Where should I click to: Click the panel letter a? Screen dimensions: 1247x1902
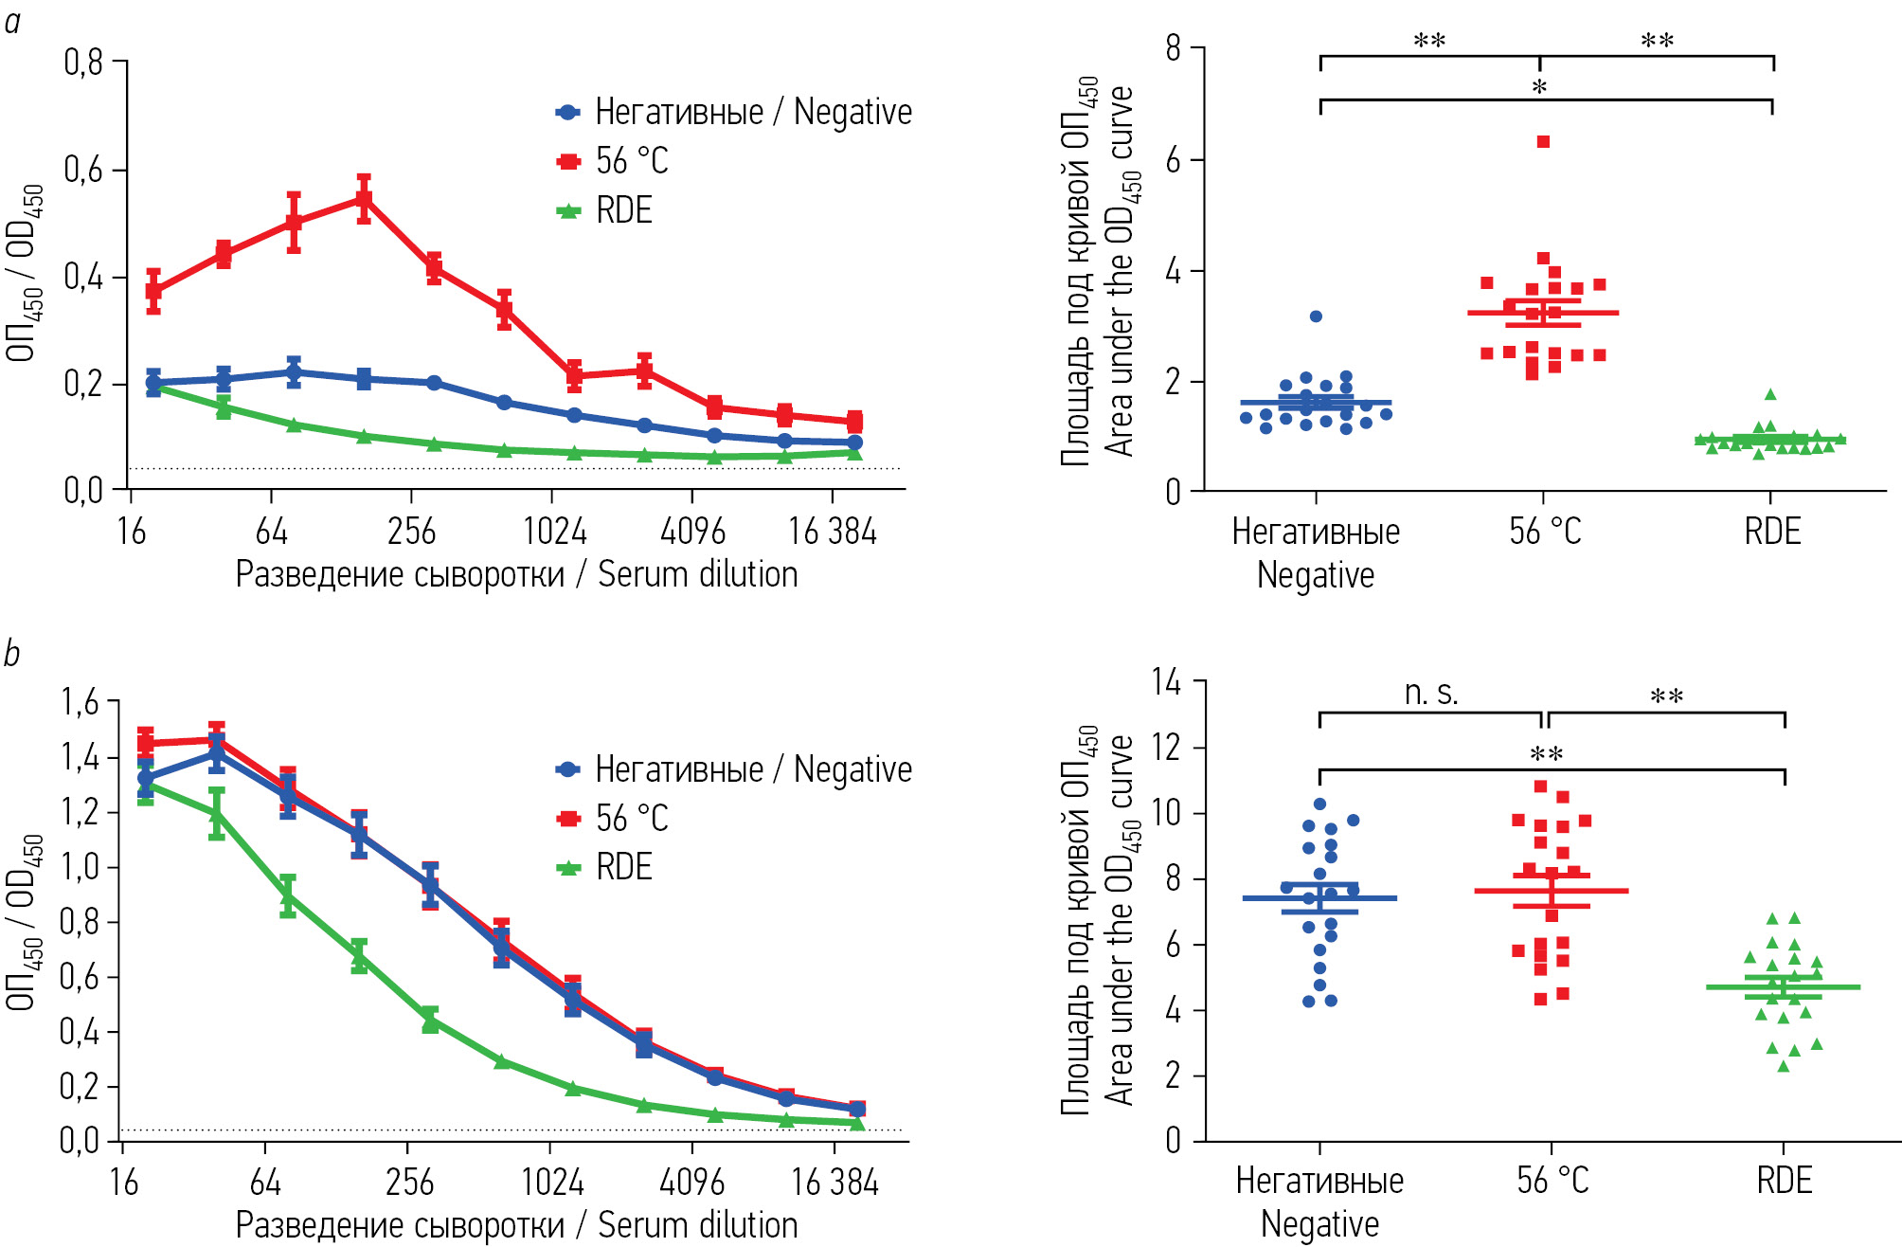click(x=12, y=21)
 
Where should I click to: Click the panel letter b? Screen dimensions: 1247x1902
click(x=11, y=654)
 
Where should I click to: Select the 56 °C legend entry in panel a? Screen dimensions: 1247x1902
click(x=615, y=161)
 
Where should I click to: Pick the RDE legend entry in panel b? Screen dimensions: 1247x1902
click(x=607, y=867)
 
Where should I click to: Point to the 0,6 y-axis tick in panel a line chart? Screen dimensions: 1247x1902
click(x=83, y=170)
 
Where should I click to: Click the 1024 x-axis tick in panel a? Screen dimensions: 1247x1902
click(x=554, y=532)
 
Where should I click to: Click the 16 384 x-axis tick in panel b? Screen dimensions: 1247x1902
click(x=834, y=1183)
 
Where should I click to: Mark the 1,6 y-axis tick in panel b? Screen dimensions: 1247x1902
click(x=80, y=702)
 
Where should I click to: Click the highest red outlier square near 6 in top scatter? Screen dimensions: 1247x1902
click(x=1543, y=142)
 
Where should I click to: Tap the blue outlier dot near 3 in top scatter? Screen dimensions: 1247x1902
click(x=1316, y=316)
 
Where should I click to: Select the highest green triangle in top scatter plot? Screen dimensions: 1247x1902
click(x=1770, y=394)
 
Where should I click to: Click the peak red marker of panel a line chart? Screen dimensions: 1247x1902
click(x=364, y=199)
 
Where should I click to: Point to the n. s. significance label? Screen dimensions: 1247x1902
click(x=1431, y=694)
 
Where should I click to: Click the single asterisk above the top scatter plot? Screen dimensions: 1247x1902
click(x=1539, y=87)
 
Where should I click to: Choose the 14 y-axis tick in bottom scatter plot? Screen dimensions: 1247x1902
click(x=1166, y=681)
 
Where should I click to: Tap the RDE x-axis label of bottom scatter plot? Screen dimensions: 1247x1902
click(x=1785, y=1181)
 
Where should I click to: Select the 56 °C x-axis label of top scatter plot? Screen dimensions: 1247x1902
click(x=1545, y=532)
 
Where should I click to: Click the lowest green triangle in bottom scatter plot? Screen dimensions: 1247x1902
click(x=1784, y=1066)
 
